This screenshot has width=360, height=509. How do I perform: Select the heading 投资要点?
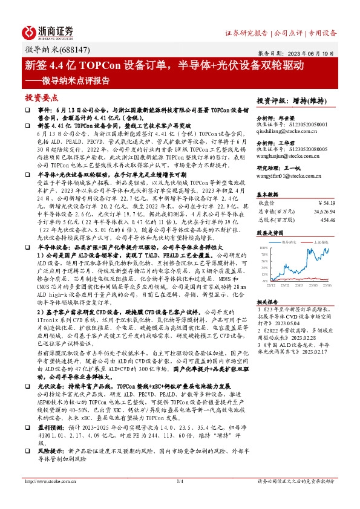[x=41, y=97]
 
